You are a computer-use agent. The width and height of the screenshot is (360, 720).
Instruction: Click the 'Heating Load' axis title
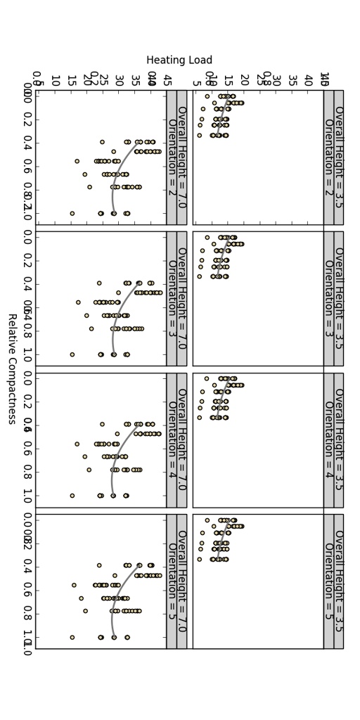click(x=179, y=60)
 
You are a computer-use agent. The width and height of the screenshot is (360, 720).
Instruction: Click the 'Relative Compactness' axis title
click(x=12, y=369)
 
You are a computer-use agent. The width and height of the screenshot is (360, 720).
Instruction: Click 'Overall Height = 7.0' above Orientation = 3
click(x=181, y=298)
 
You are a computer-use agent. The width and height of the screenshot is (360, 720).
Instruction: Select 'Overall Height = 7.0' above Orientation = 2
click(x=181, y=157)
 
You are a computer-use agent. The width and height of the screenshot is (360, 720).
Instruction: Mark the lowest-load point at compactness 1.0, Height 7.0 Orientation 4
click(x=72, y=496)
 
